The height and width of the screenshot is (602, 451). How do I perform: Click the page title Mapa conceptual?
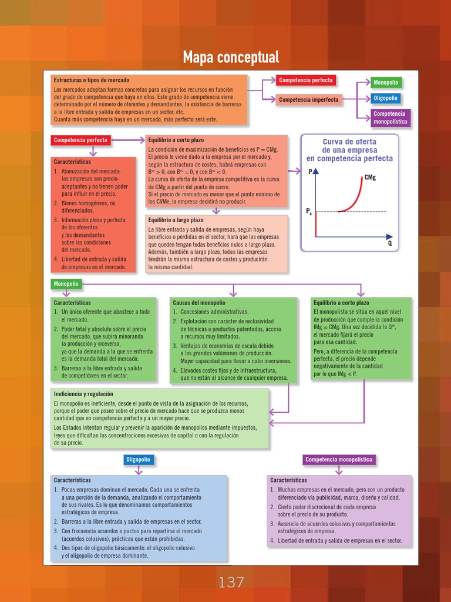[231, 58]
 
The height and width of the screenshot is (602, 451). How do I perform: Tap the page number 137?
[231, 583]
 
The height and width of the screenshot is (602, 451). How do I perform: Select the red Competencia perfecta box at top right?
[305, 81]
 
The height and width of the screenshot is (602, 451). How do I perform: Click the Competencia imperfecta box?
[308, 100]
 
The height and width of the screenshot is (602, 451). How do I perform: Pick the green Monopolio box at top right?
[386, 83]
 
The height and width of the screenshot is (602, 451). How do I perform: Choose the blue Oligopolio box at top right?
[386, 99]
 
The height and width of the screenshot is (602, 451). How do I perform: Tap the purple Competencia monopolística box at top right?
[389, 118]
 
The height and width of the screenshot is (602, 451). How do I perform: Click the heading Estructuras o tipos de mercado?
[92, 80]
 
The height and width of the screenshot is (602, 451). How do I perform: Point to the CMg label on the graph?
[370, 177]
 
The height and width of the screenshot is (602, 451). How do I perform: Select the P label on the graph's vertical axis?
[311, 172]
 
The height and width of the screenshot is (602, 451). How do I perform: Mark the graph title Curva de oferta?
[349, 142]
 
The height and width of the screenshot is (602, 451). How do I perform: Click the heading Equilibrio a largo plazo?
[176, 220]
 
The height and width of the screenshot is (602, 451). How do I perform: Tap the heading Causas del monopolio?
[199, 302]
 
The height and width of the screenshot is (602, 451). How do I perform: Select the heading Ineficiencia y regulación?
[83, 394]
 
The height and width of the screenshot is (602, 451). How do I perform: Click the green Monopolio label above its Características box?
[66, 284]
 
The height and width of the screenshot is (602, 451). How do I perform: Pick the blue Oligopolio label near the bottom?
[139, 460]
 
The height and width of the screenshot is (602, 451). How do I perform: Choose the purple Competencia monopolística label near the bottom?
[339, 460]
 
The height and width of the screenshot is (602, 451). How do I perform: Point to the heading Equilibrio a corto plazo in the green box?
[342, 302]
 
